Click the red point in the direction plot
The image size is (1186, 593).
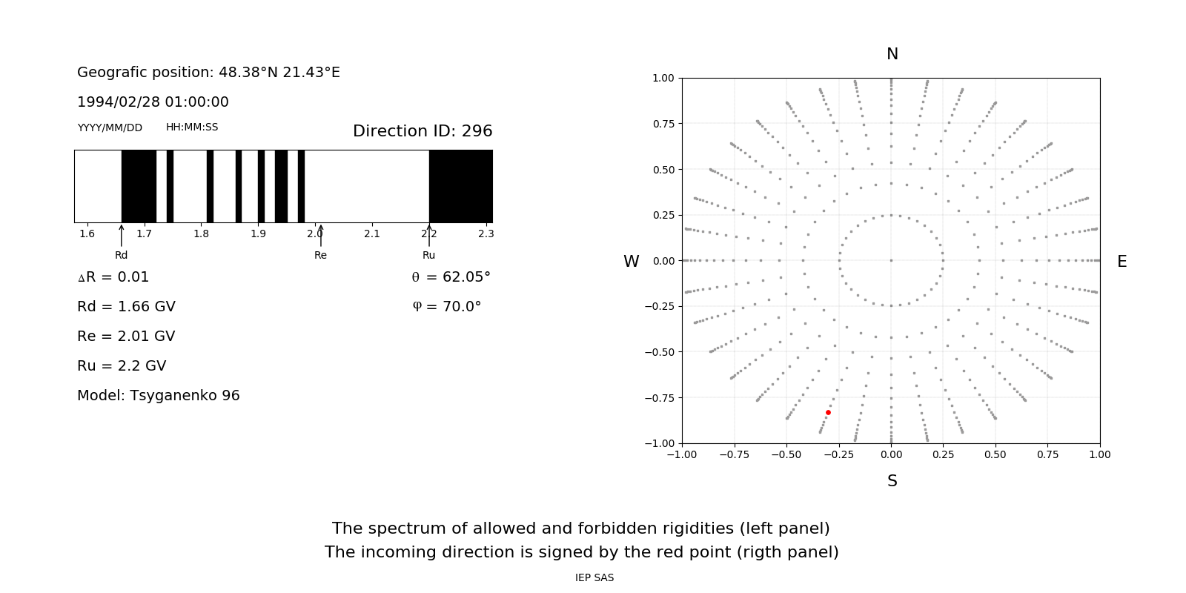[x=828, y=412]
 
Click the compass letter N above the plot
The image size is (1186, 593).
[x=892, y=54]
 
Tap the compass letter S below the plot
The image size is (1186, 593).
[x=892, y=481]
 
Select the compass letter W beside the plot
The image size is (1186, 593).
[x=631, y=262]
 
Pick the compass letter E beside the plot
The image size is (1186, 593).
[x=1122, y=262]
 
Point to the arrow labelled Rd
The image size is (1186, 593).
[x=122, y=236]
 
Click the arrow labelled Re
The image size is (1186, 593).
[x=320, y=236]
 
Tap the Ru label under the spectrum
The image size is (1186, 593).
[x=428, y=255]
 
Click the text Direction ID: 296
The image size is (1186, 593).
[x=423, y=131]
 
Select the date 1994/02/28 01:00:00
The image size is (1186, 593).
[x=153, y=102]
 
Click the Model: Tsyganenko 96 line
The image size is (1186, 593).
[x=159, y=395]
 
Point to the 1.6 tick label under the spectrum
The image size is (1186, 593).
[x=87, y=233]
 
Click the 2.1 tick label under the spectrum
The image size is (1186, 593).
[x=371, y=233]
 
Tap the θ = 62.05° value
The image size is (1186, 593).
[x=451, y=276]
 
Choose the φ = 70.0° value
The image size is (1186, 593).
[x=447, y=306]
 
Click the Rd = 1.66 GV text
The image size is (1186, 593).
[x=126, y=306]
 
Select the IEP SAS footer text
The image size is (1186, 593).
[x=594, y=577]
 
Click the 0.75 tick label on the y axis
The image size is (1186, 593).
[x=663, y=124]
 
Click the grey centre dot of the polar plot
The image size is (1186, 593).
[x=891, y=260]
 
